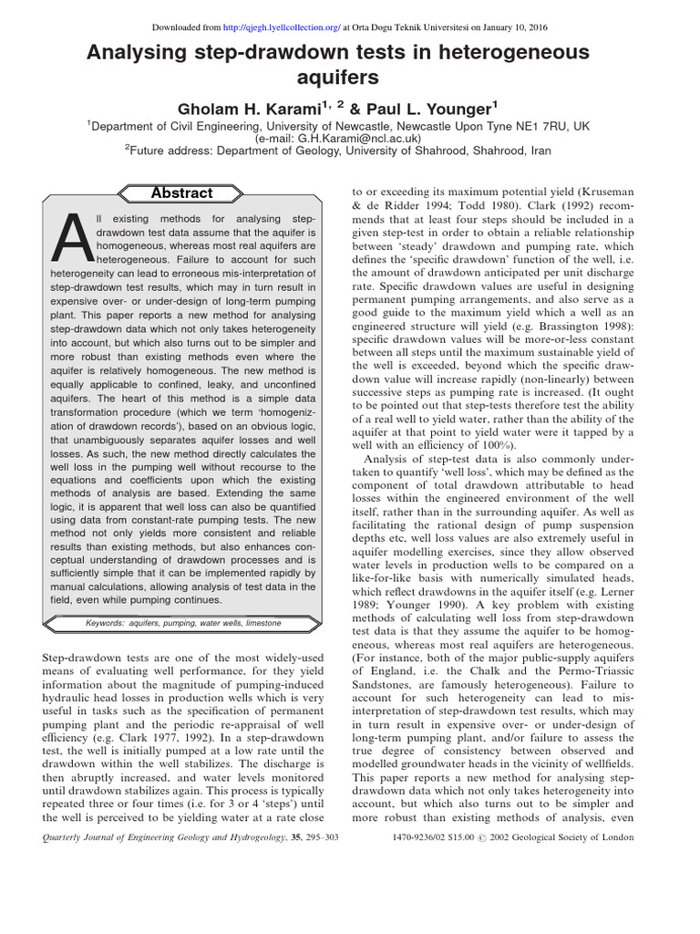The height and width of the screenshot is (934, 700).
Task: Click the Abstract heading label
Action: tap(182, 193)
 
